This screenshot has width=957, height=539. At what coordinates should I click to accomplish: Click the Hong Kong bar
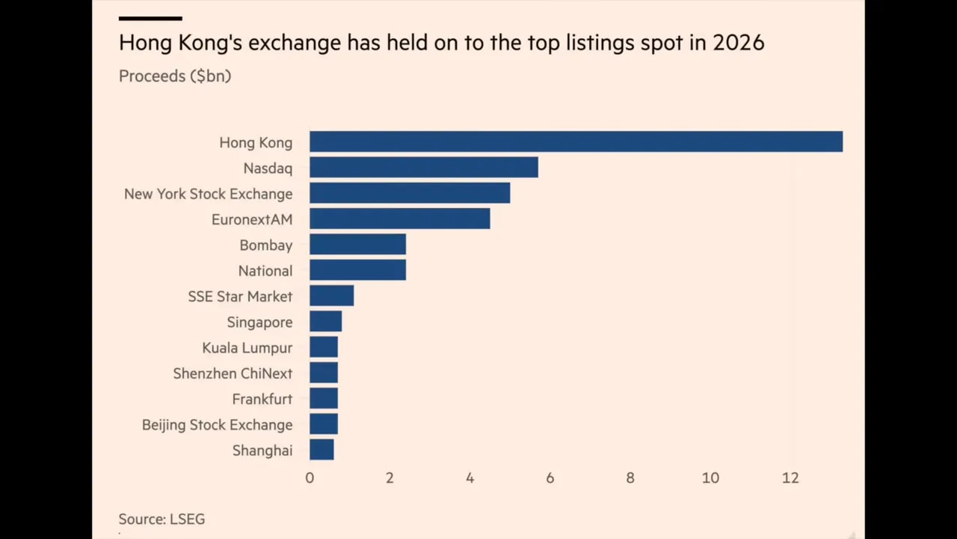[576, 141]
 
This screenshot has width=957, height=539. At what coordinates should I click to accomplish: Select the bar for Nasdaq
[423, 167]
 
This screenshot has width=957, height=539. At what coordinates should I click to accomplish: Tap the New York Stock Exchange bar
[410, 193]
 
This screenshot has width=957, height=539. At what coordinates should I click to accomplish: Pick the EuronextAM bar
[399, 219]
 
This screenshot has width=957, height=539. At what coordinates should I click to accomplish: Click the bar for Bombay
[357, 244]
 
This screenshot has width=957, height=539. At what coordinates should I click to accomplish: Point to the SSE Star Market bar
[331, 296]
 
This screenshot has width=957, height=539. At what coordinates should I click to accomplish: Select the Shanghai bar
[321, 449]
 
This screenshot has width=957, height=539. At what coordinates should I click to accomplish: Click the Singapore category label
[259, 322]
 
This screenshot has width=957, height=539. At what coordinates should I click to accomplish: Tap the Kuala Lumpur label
[247, 347]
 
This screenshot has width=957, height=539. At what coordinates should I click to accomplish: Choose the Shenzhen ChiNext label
[233, 373]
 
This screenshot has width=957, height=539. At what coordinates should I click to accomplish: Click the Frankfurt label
[262, 399]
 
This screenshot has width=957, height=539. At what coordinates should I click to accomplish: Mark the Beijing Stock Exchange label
[217, 424]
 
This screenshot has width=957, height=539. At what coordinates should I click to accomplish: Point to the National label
[265, 270]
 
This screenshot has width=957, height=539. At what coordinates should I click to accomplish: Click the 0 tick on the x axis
[310, 478]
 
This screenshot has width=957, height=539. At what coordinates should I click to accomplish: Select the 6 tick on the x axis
[550, 478]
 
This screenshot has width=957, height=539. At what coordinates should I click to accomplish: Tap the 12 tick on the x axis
[790, 478]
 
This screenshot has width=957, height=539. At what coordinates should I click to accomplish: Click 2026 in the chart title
[738, 43]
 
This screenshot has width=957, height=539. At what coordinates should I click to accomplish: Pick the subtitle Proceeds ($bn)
[175, 76]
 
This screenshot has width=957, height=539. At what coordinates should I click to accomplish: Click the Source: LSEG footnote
[161, 519]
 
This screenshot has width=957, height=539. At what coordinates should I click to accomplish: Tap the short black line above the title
[150, 18]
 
